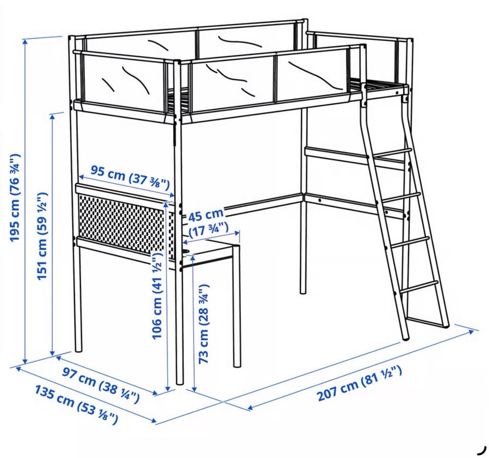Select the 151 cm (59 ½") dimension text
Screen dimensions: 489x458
click(42, 236)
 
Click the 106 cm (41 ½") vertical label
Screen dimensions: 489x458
click(157, 296)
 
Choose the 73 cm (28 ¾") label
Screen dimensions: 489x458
click(204, 324)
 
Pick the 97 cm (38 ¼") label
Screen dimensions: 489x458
click(100, 385)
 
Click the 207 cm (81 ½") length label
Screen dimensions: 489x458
click(359, 383)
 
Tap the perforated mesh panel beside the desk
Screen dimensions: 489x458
click(122, 223)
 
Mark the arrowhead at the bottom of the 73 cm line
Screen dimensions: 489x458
click(194, 388)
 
